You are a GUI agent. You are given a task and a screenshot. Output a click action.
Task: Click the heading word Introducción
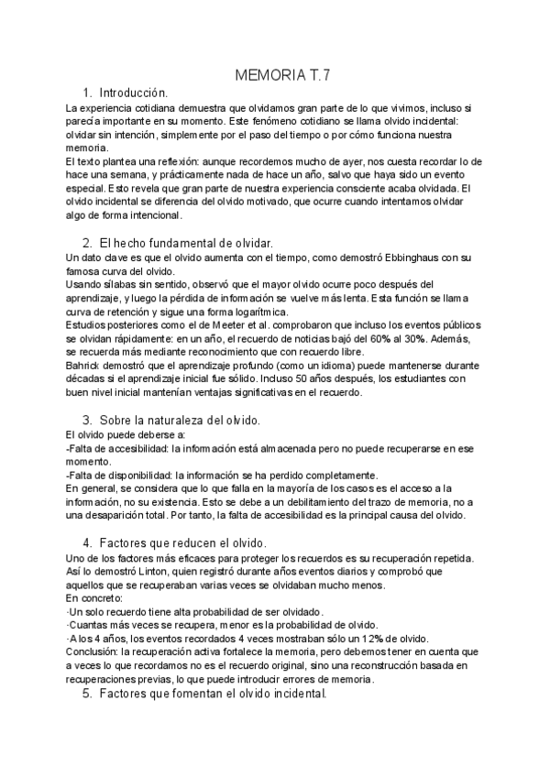coord(134,93)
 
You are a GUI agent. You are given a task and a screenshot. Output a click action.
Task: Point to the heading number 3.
coord(87,420)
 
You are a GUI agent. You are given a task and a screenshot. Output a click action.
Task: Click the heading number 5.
coord(87,695)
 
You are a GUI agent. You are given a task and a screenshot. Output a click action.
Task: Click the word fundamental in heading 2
coord(181,242)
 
